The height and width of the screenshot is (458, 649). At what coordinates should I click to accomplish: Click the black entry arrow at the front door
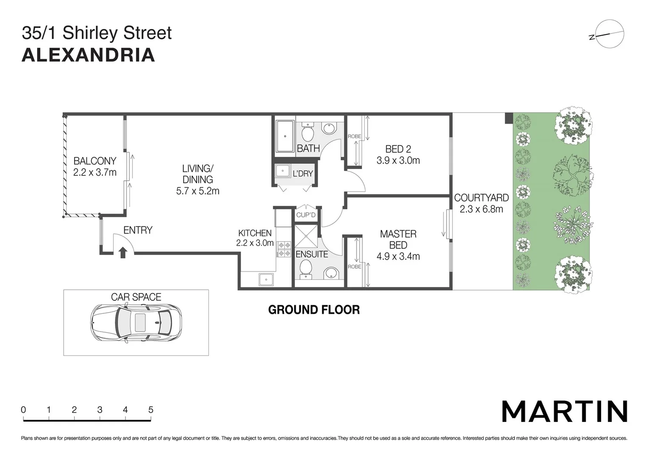[123, 252]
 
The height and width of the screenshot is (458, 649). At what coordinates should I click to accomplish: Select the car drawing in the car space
[136, 323]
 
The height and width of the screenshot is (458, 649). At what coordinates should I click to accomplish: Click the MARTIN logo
[565, 411]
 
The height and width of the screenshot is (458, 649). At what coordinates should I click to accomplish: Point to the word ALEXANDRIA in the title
[88, 56]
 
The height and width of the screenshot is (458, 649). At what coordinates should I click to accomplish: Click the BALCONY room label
[95, 161]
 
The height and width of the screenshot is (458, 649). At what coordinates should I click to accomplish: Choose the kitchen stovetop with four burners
[284, 249]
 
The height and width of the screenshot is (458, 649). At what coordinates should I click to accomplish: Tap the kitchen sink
[266, 279]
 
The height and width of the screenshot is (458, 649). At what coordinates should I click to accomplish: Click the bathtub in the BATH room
[285, 137]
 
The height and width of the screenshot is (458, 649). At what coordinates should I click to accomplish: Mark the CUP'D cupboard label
[306, 215]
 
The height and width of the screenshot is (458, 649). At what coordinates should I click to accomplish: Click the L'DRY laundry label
[303, 173]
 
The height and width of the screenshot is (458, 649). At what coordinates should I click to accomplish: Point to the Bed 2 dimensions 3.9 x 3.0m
[398, 160]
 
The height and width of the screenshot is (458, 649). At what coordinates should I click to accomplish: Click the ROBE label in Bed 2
[354, 137]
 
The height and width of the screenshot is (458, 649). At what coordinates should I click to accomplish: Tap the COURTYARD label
[481, 198]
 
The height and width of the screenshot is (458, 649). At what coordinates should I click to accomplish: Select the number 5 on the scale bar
[151, 410]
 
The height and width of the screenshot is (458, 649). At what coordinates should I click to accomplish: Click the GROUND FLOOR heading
[314, 310]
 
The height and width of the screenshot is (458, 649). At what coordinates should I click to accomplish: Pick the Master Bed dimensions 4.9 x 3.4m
[398, 256]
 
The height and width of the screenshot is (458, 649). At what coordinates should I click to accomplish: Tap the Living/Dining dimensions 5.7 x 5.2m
[198, 191]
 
